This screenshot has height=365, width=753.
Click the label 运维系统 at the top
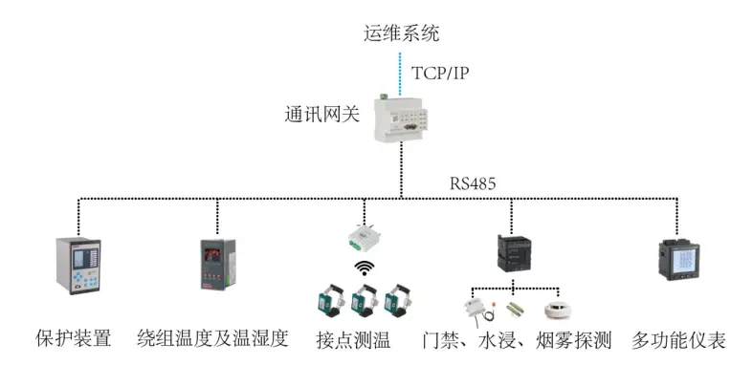point(402,33)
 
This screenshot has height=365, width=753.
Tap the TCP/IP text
point(440,74)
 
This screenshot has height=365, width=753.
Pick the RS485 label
point(474,182)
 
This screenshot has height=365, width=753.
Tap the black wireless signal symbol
point(364,269)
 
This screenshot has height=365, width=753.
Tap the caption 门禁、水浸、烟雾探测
point(517,339)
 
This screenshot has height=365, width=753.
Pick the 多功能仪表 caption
point(678,339)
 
